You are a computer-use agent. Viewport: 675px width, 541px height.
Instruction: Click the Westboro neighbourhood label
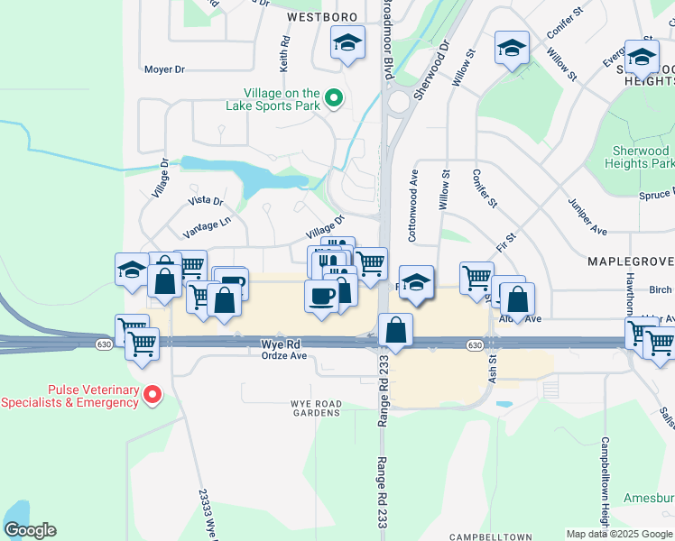coord(322,17)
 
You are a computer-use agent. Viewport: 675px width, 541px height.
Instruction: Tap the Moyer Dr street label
coord(163,69)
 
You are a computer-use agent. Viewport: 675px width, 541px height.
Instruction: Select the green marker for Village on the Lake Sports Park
coord(333,98)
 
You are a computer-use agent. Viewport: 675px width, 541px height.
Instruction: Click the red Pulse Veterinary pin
coord(153,394)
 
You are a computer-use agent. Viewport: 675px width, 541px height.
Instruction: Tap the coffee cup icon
coord(320,296)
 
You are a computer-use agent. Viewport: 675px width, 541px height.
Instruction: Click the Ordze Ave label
coord(284,355)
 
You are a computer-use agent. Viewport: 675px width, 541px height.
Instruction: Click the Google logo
coord(30,530)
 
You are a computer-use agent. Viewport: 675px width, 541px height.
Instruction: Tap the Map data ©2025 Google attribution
coord(618,534)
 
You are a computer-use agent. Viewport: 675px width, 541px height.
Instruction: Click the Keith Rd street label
coord(285,54)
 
